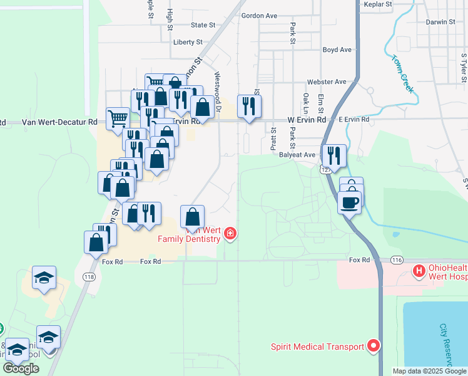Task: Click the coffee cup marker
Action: tap(349, 202)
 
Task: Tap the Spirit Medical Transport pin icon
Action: tap(374, 345)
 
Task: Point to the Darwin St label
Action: tap(441, 22)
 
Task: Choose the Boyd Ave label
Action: tap(337, 50)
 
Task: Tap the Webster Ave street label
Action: tap(327, 82)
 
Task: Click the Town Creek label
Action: tap(403, 75)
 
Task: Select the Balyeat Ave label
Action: tap(297, 154)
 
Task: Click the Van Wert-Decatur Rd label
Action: tap(60, 123)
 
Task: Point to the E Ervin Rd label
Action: tap(354, 119)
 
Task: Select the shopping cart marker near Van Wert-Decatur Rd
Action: tap(117, 118)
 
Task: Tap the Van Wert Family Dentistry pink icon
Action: tap(230, 234)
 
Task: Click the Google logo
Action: tap(21, 368)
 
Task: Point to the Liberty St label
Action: tap(188, 42)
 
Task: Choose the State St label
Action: tap(203, 25)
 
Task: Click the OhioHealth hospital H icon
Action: tap(419, 271)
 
